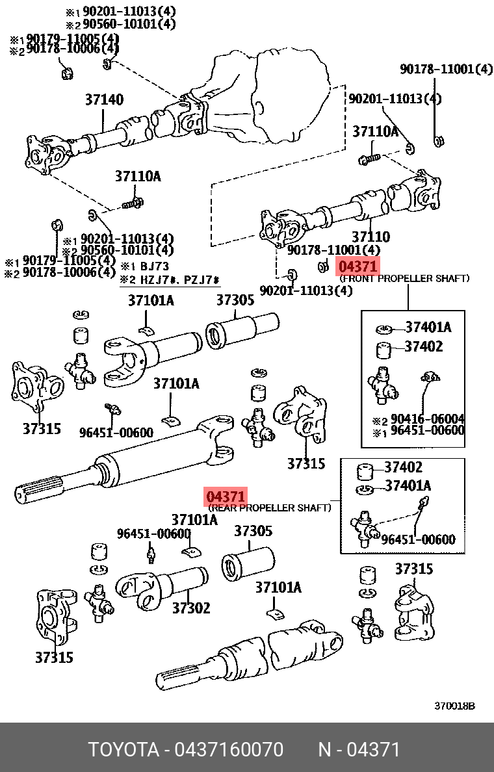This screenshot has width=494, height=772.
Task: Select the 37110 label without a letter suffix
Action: pos(370,237)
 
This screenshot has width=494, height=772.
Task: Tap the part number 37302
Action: pos(191,608)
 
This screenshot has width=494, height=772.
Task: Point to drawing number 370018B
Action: pos(454,706)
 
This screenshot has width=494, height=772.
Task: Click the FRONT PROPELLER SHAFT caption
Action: pos(404,278)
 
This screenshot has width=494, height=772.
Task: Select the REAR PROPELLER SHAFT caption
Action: pos(270,508)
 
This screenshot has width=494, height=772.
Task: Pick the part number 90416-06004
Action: pos(426,419)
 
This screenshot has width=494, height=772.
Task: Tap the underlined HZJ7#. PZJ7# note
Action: pos(170,280)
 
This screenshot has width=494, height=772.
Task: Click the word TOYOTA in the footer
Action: pos(123,750)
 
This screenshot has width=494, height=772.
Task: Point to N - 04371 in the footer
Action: pos(359,750)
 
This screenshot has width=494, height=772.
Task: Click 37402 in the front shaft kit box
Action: pos(423,346)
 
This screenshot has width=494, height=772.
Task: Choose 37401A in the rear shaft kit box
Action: pos(408,485)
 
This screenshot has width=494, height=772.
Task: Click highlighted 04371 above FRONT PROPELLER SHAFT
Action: pos(357,266)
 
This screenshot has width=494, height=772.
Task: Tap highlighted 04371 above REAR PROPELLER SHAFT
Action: pos(226,497)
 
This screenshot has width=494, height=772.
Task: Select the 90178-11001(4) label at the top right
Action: pos(446,69)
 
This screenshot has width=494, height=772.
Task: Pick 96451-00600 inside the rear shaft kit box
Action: pos(418,539)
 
